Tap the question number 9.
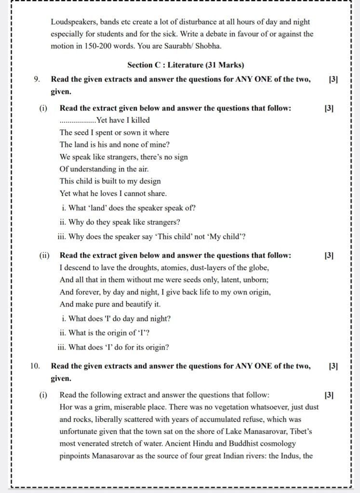point(37,79)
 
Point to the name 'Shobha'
point(210,46)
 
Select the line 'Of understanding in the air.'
point(104,169)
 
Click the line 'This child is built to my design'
point(110,181)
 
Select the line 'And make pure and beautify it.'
point(110,304)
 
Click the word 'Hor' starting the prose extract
point(66,407)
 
